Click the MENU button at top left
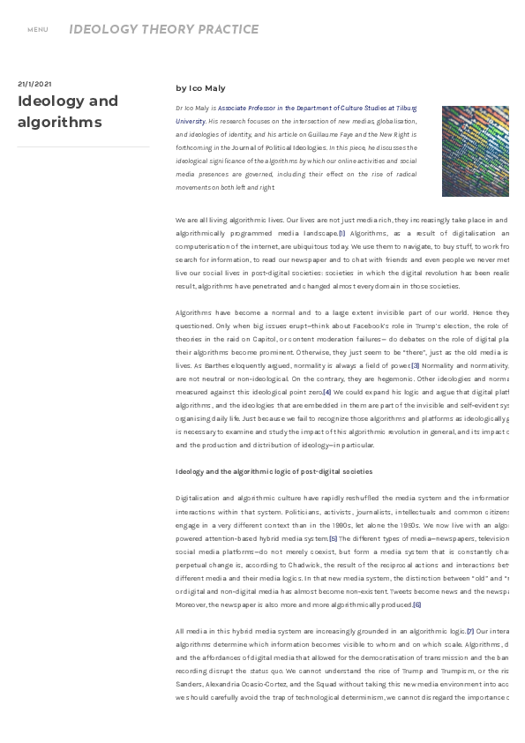[37, 30]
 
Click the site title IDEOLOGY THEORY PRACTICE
[164, 29]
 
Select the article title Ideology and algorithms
[68, 111]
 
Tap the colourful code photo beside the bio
[475, 151]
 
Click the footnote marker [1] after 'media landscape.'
[341, 233]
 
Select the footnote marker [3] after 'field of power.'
[415, 365]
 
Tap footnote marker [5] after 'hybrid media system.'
[333, 538]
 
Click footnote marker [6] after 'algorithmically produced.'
[417, 604]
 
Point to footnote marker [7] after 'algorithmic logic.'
[470, 631]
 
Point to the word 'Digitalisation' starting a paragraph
[196, 499]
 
